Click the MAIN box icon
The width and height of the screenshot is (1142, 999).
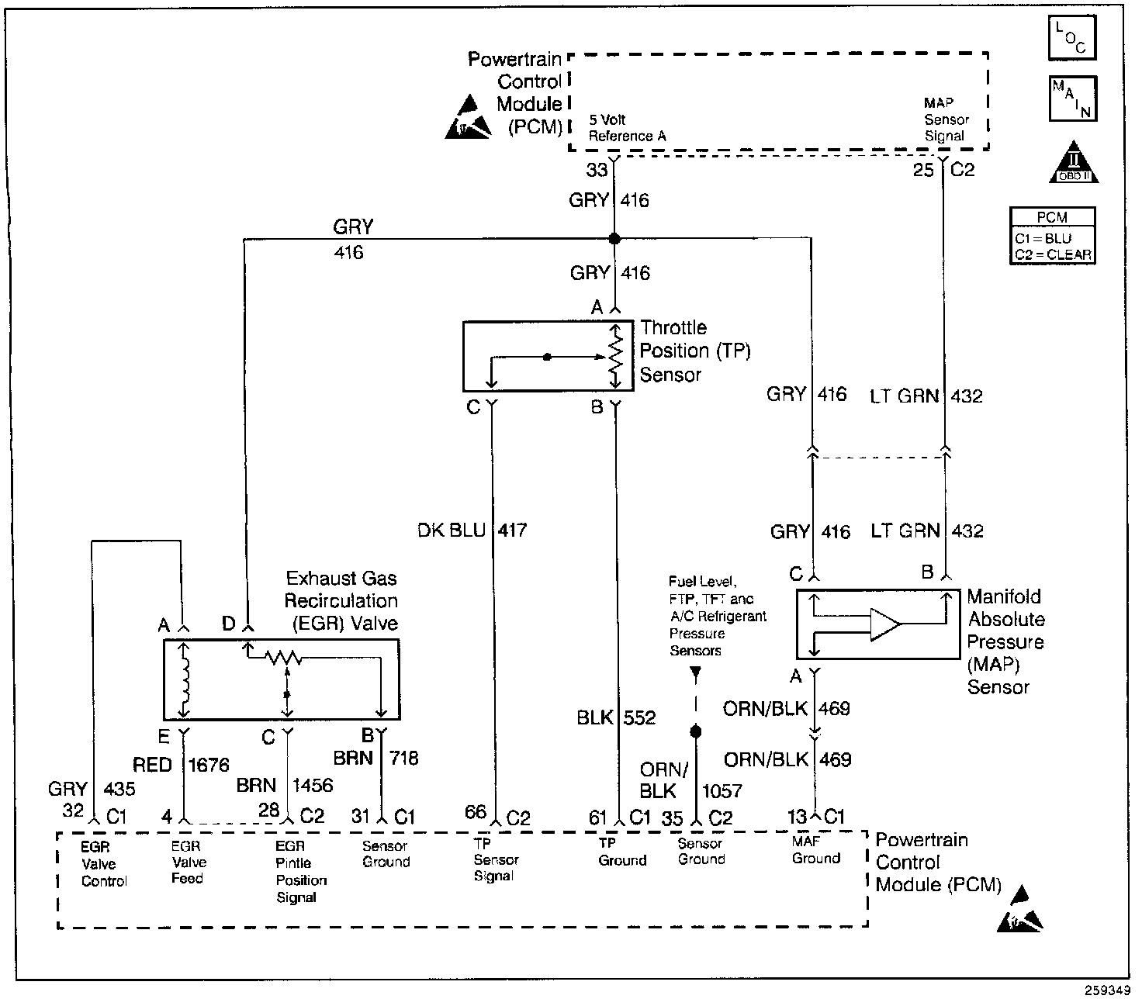click(x=1072, y=99)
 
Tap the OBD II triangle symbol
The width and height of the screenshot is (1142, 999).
click(x=1074, y=163)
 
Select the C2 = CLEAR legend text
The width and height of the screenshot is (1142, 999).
click(x=1052, y=254)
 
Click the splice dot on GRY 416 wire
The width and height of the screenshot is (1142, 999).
click(x=614, y=238)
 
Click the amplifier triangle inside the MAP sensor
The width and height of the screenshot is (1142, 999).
click(x=884, y=624)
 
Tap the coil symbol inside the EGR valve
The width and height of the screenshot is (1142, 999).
click(x=185, y=679)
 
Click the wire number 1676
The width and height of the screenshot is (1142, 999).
click(x=209, y=765)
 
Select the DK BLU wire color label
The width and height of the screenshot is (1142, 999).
click(x=451, y=531)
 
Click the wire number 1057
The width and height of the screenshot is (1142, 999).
click(x=722, y=791)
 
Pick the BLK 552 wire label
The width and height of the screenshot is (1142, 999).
click(x=616, y=718)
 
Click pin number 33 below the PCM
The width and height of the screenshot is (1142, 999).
click(x=597, y=170)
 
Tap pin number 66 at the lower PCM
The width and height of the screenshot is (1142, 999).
click(x=475, y=812)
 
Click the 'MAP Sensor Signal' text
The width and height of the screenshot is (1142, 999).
click(x=946, y=119)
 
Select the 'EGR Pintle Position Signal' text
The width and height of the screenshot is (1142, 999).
click(x=301, y=872)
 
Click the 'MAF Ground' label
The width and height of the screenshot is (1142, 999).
click(x=816, y=849)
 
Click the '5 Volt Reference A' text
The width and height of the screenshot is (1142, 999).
click(x=627, y=128)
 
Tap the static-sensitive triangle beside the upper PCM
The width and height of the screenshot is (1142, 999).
click(x=468, y=118)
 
